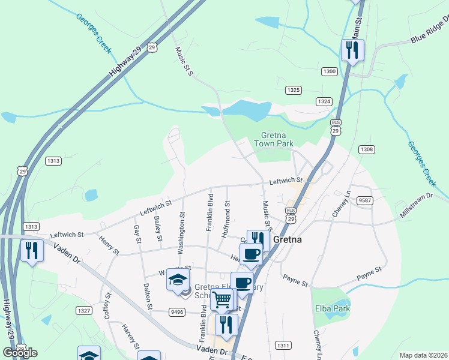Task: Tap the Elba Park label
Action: pyautogui.click(x=332, y=309)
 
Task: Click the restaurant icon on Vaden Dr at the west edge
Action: pyautogui.click(x=32, y=250)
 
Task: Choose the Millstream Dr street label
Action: pyautogui.click(x=416, y=206)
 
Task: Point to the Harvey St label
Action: pyautogui.click(x=130, y=338)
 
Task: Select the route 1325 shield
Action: pyautogui.click(x=294, y=90)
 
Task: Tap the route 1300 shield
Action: pyautogui.click(x=329, y=71)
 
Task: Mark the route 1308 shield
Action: pyautogui.click(x=366, y=149)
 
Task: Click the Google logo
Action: pyautogui.click(x=20, y=353)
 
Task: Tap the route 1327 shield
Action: pyautogui.click(x=84, y=310)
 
